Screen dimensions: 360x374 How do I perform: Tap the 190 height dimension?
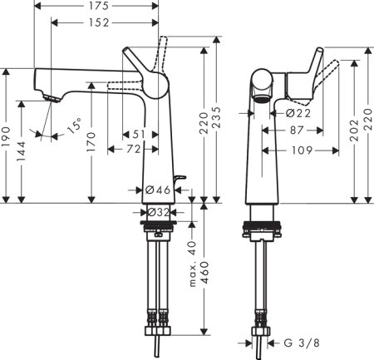(7, 136)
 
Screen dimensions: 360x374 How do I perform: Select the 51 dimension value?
(139, 134)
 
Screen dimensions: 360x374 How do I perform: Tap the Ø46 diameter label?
(158, 190)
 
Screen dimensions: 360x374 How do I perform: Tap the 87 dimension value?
(298, 131)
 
